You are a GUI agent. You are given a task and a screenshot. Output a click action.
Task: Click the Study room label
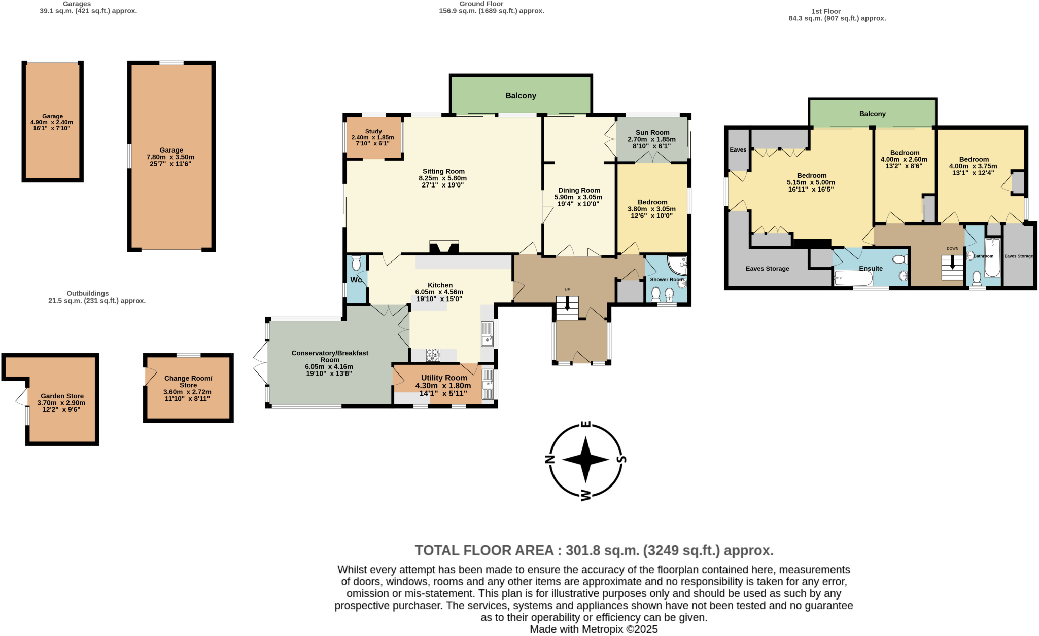[x=373, y=132]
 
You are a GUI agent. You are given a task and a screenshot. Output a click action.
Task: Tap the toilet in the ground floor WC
[x=356, y=263]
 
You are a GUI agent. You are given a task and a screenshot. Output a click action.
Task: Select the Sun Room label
[x=652, y=133]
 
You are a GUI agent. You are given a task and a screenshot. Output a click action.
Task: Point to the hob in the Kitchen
[x=433, y=355]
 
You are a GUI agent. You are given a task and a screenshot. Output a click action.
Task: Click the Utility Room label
[x=444, y=378]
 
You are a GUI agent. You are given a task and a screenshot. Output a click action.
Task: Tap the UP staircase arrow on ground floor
[x=567, y=305]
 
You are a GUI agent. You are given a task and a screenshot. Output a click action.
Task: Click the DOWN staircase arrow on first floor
[x=952, y=263]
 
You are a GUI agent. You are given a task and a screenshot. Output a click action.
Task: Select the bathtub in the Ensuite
[x=853, y=278]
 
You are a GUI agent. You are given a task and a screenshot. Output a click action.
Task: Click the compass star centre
[x=585, y=460]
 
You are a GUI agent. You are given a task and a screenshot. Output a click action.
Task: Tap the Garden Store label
[x=62, y=396]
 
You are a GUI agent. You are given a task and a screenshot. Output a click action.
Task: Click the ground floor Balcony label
[x=521, y=96]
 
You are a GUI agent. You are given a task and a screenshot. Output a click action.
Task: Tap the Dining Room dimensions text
[x=578, y=201]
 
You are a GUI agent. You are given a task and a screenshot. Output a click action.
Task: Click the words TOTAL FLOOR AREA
[x=484, y=550]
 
